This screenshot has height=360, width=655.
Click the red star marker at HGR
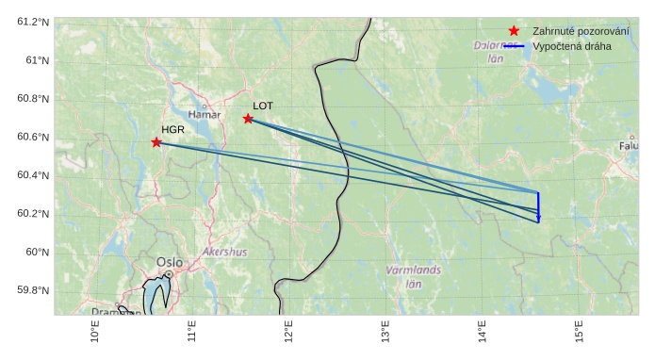click(156, 142)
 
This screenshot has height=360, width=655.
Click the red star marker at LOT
click(248, 119)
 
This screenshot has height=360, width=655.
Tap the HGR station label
click(172, 129)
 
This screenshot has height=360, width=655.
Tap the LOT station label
click(263, 106)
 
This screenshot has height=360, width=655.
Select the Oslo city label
click(170, 262)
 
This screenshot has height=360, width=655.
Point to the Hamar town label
click(205, 115)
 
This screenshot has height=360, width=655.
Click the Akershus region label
click(224, 252)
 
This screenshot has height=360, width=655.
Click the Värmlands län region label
click(413, 276)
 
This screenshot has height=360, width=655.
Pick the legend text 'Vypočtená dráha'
click(571, 45)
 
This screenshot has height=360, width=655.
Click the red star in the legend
click(514, 31)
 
